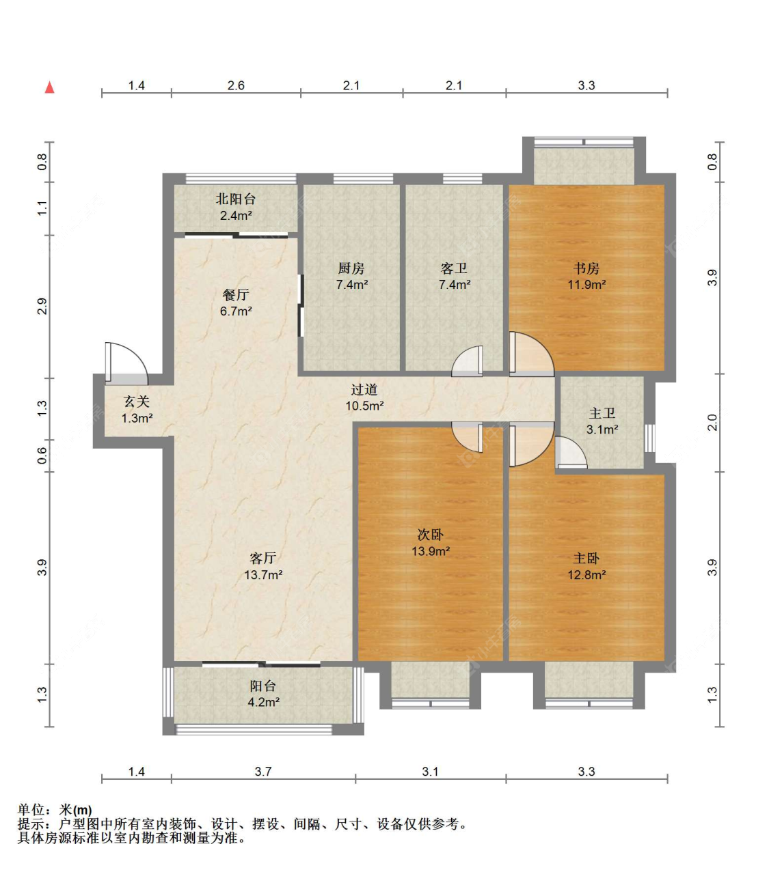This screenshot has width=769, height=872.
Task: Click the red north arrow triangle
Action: point(49,87)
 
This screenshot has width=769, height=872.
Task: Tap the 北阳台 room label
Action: point(236,199)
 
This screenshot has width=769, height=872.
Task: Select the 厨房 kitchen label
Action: point(351,268)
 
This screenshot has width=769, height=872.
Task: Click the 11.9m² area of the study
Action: point(586,285)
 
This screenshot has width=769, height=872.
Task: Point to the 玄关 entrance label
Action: point(137,402)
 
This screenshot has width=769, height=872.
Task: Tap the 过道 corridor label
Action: point(364,389)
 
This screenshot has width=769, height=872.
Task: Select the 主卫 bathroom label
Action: point(602,414)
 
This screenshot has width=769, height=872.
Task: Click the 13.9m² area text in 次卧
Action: point(431,551)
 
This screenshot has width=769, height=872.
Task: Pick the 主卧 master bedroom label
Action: point(586,559)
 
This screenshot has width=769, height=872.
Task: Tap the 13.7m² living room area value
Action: point(263,574)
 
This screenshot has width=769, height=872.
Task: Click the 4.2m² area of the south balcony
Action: point(263,702)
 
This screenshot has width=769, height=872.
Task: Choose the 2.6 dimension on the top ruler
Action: point(236,85)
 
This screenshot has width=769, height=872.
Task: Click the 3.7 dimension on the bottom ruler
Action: point(262,772)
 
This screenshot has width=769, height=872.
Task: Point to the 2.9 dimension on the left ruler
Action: point(42,307)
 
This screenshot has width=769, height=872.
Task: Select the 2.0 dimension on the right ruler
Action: point(712,423)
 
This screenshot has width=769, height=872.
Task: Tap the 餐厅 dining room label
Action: point(236,295)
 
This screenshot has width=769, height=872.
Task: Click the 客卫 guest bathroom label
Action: point(454,268)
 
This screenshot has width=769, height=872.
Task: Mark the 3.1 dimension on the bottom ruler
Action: point(430,772)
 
